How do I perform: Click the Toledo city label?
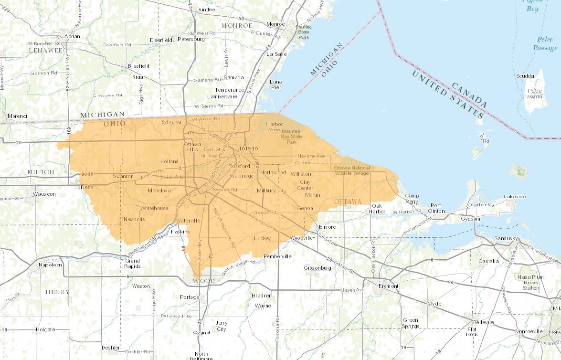coord(248,148)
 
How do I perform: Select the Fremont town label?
coord(388,286)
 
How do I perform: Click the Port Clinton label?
coord(436,208)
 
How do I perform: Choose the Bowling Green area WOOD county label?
coord(204,281)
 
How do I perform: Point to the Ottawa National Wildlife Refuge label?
coord(351,171)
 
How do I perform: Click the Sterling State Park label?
coord(304,32)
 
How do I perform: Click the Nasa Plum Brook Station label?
coord(531,282)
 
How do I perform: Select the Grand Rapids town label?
coord(132,264)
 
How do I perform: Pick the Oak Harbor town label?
coord(379,208)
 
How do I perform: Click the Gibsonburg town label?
coord(318,268)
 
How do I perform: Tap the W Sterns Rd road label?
coord(209,106)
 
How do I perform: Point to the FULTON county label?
coord(41,172)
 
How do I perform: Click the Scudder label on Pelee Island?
coord(525,76)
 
